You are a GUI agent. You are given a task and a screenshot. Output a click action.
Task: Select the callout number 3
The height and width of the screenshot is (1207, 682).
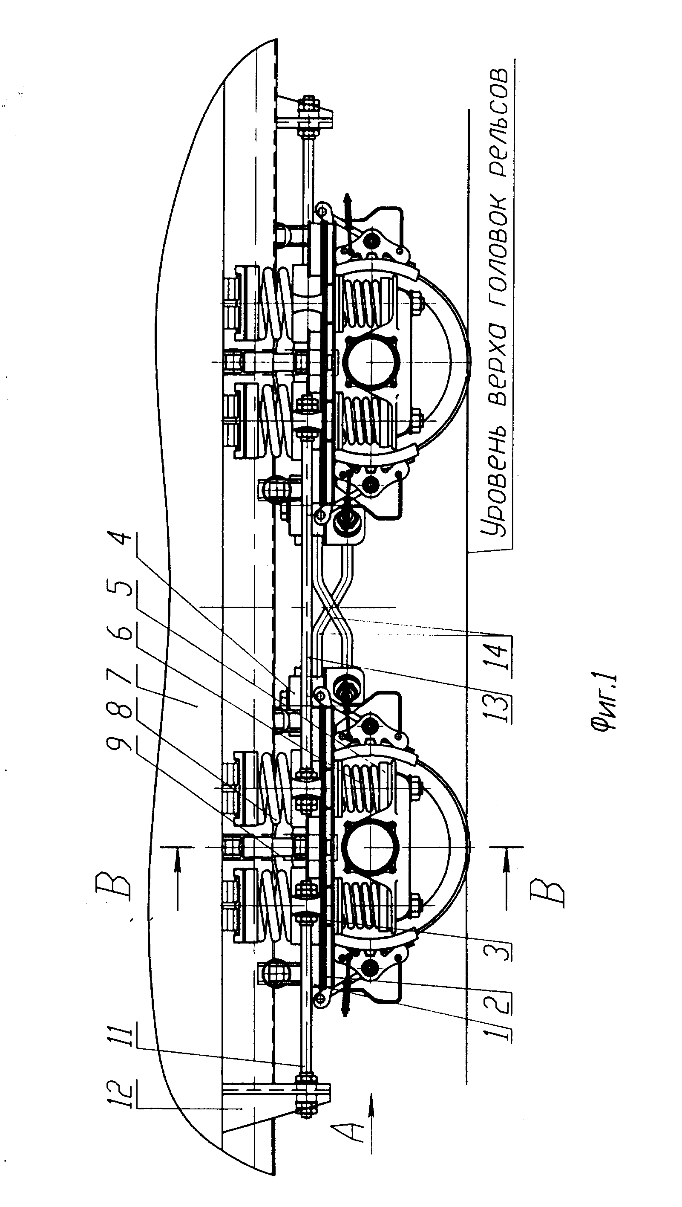pyautogui.click(x=498, y=941)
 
